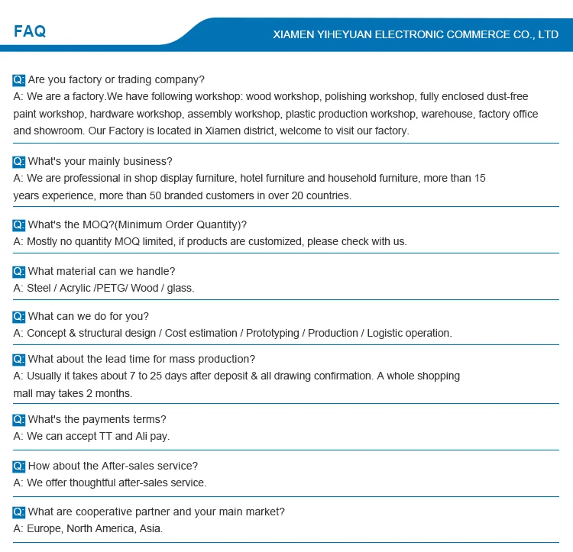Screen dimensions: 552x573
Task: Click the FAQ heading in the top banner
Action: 30,31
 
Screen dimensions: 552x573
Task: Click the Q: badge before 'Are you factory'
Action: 19,79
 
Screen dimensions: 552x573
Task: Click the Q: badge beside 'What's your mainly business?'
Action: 19,161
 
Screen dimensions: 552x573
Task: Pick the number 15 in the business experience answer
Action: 479,178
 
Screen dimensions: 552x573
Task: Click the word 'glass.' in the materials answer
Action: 179,288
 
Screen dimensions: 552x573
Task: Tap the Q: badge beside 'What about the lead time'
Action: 19,359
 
